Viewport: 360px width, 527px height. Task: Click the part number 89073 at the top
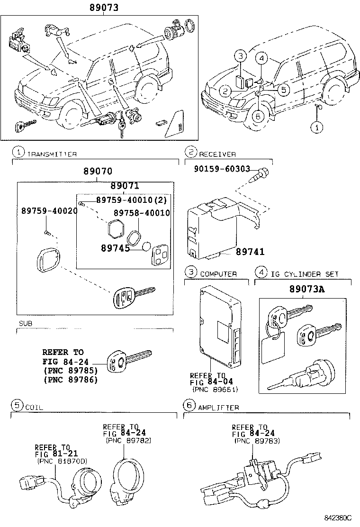pos(104,8)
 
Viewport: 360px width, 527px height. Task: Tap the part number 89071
pos(125,186)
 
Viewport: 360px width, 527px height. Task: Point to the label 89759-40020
pos(49,211)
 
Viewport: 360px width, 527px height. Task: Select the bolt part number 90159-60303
pos(221,169)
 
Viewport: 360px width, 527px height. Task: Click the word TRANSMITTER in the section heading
pos(52,154)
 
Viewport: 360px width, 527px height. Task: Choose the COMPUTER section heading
pos(218,274)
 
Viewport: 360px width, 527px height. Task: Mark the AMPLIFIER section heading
pos(218,407)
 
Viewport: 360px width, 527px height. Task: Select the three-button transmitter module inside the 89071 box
pos(157,255)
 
